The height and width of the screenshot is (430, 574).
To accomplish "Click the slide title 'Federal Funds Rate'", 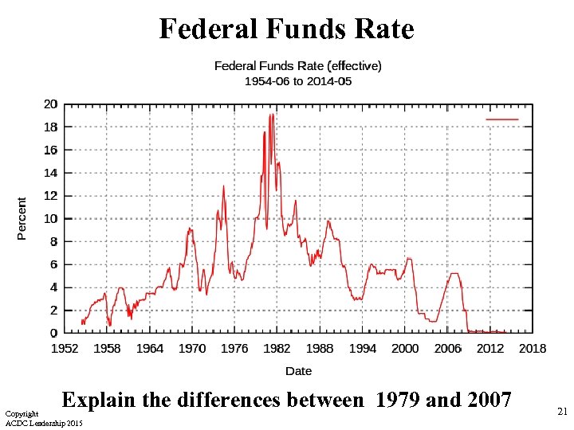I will click(286, 29).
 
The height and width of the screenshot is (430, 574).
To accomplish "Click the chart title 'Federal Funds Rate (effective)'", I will click(297, 65).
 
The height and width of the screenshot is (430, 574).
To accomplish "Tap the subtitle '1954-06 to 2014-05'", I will click(297, 81).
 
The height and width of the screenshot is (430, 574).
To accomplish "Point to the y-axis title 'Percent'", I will click(22, 219).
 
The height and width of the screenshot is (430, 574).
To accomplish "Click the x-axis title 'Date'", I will click(298, 371).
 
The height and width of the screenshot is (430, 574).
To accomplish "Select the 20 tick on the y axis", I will click(50, 104).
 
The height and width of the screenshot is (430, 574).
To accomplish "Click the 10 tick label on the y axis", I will click(50, 219).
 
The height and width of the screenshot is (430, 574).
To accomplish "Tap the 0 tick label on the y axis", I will click(53, 333).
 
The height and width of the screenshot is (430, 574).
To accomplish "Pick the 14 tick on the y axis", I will click(50, 173).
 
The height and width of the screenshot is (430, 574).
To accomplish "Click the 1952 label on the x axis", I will click(65, 349).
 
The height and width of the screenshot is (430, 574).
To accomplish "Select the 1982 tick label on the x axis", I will click(277, 349).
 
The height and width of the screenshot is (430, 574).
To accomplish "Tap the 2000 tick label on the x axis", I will click(404, 349).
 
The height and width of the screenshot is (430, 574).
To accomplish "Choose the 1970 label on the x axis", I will click(191, 349).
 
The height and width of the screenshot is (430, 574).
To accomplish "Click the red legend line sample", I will click(501, 119).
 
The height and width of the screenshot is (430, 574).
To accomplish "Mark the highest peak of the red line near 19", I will click(272, 115).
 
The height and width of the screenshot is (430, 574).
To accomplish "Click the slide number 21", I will click(562, 411).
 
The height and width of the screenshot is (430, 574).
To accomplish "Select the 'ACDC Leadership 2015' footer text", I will click(44, 422).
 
